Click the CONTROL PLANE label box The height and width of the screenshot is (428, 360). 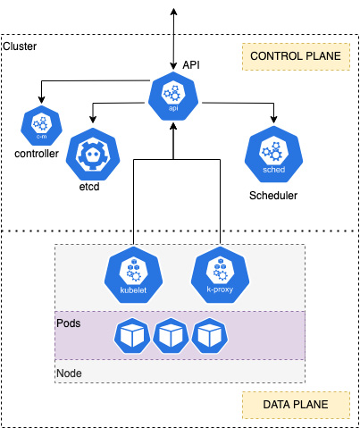tap(296, 56)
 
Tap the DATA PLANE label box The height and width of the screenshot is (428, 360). tap(296, 405)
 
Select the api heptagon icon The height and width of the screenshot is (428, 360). tap(173, 97)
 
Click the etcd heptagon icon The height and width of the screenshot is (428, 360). tap(93, 155)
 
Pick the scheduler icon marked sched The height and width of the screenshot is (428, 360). tap(273, 154)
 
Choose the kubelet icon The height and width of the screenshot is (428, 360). tap(133, 275)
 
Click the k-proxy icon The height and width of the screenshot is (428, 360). tap(220, 275)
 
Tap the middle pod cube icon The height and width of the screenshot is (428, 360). tap(171, 336)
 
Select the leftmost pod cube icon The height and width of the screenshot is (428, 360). tap(132, 336)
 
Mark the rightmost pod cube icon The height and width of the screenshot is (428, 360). tap(210, 336)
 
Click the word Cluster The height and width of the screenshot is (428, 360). tap(20, 46)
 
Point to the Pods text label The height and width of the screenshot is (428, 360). tap(69, 323)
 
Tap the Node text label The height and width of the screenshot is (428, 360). tap(69, 373)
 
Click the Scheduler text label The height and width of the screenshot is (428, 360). tap(273, 196)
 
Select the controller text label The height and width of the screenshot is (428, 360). tap(37, 154)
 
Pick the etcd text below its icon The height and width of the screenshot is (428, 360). tap(89, 187)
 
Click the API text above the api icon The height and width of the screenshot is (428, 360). tap(191, 65)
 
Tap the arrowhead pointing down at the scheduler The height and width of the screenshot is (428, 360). tap(273, 119)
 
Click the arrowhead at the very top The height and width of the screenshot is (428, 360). tap(173, 12)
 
